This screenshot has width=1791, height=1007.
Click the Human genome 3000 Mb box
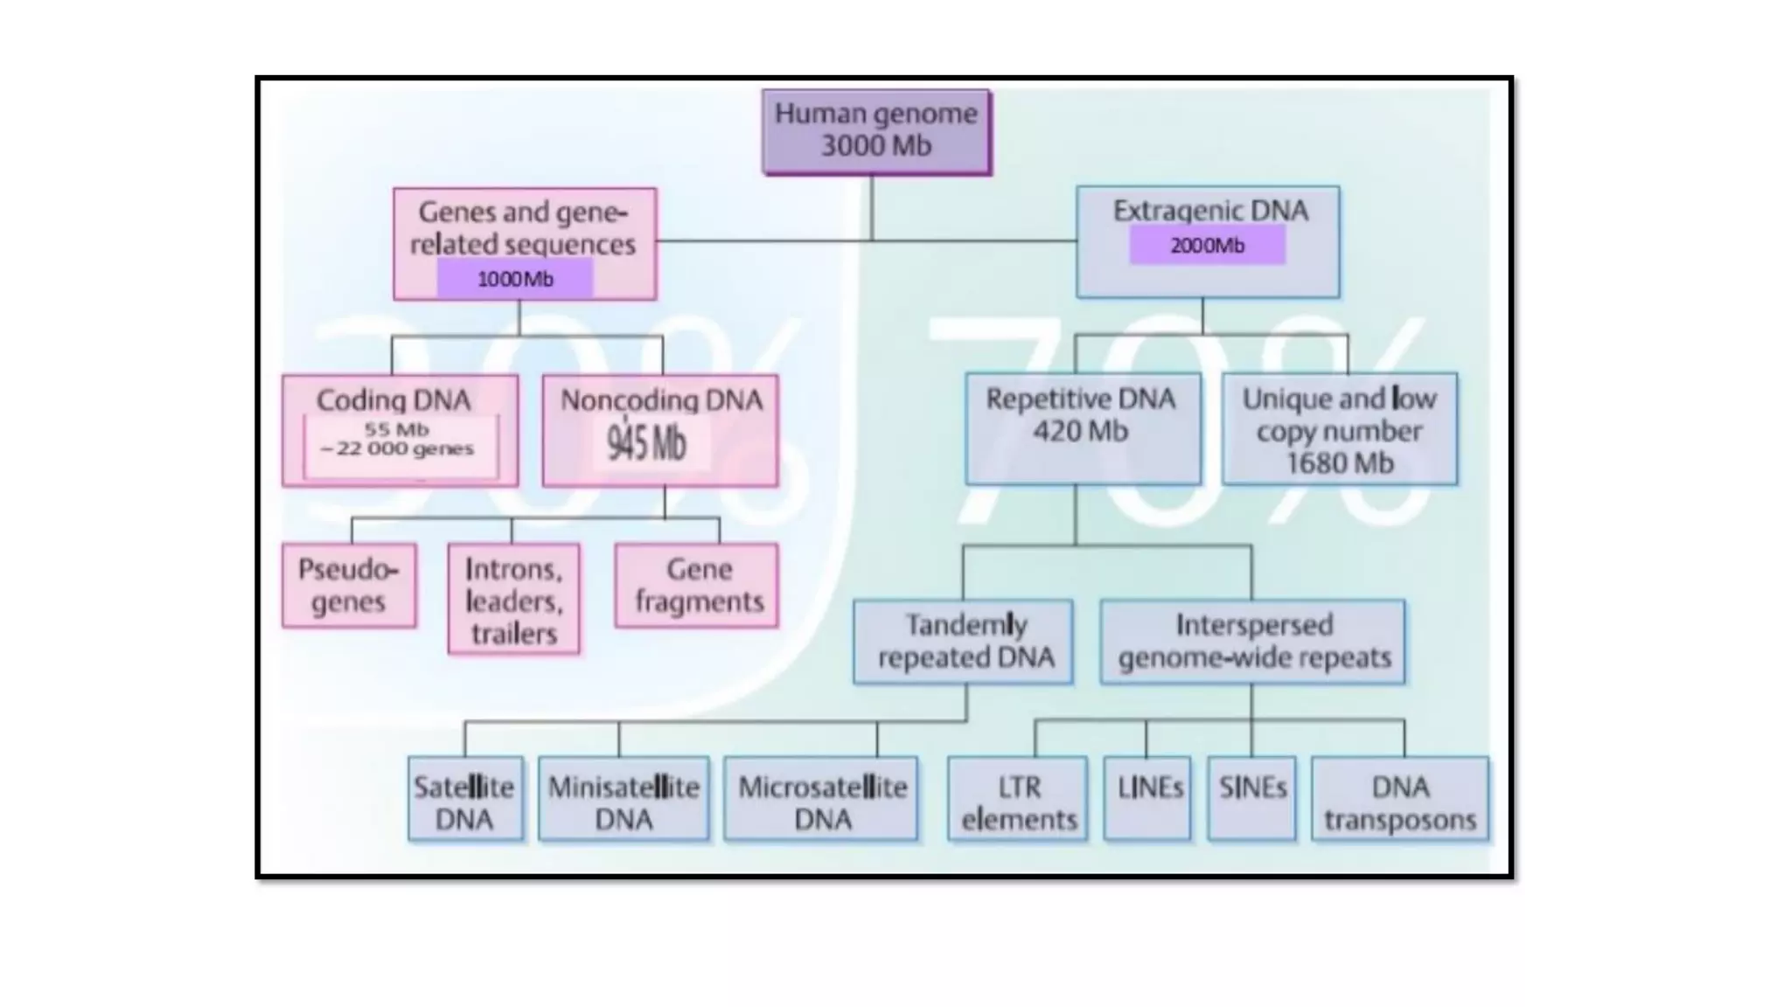tap(876, 131)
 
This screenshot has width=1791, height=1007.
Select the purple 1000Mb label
tap(515, 279)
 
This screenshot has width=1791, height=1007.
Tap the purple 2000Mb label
tap(1207, 246)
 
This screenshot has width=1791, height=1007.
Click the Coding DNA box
tap(400, 430)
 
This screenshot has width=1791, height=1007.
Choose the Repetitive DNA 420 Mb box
tap(1082, 428)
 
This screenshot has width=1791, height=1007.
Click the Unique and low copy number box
tap(1339, 429)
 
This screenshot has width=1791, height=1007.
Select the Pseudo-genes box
tap(349, 585)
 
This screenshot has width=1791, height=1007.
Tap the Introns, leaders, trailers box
tap(513, 599)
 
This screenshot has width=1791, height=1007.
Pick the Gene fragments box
tap(697, 585)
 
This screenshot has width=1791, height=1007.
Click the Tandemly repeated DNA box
tap(964, 641)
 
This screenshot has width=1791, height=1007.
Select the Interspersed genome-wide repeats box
tap(1253, 641)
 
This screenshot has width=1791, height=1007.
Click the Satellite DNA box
tap(465, 799)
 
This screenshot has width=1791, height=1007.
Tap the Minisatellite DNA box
tap(624, 799)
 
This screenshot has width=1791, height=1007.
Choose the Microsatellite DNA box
tap(821, 799)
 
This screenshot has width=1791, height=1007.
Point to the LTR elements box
tap(1018, 799)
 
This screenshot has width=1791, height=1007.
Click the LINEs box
tap(1147, 799)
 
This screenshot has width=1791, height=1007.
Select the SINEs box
tap(1251, 799)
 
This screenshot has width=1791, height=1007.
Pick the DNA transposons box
tap(1400, 799)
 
